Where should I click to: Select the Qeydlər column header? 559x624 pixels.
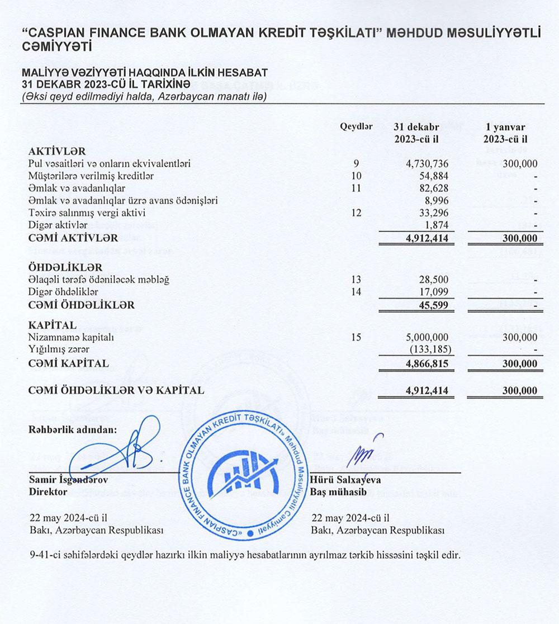click(x=356, y=126)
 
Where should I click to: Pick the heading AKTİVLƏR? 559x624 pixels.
click(x=57, y=152)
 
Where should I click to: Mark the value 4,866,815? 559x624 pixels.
click(x=428, y=364)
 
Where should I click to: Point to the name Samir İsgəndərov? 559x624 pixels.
click(x=69, y=480)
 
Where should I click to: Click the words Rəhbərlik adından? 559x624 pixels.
click(x=73, y=429)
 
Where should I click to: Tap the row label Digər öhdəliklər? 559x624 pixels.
click(x=63, y=292)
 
